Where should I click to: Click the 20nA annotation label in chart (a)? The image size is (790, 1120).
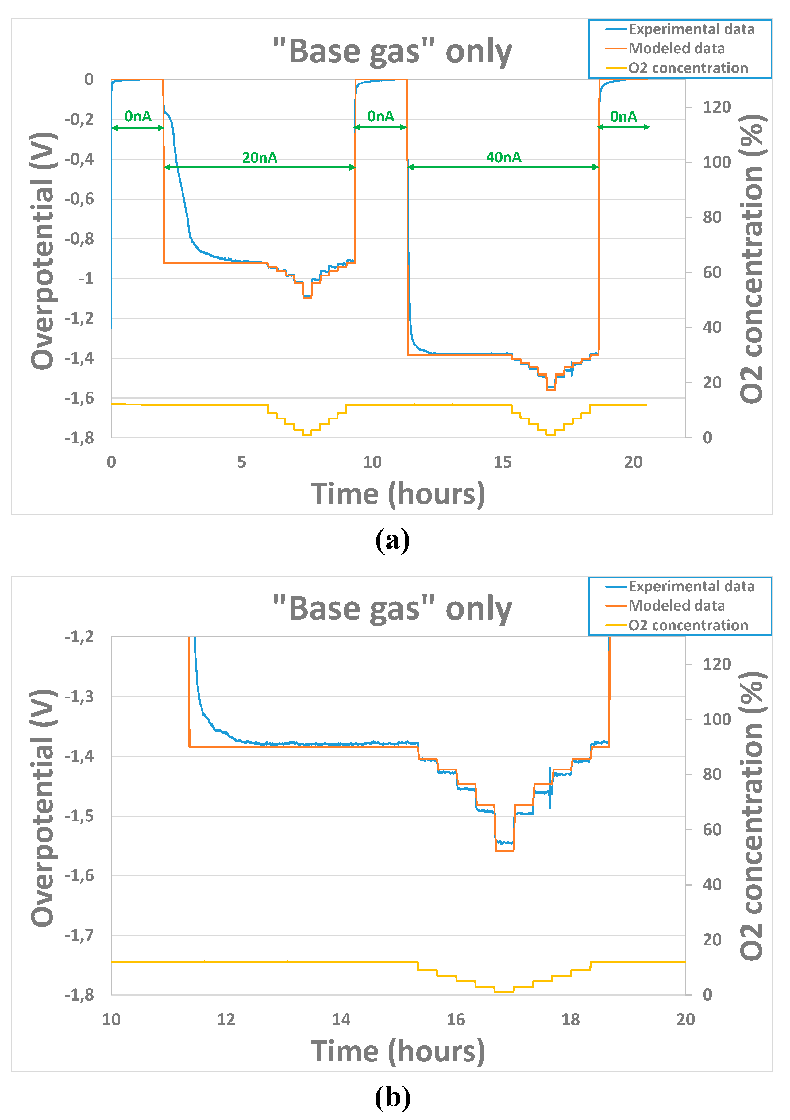pos(260,157)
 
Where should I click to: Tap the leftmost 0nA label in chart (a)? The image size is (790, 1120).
pos(138,116)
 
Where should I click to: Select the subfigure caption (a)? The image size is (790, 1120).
pos(393,540)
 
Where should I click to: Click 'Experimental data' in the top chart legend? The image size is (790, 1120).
pos(691,29)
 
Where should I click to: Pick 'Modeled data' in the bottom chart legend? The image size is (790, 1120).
pos(676,605)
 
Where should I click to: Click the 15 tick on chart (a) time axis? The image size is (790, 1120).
pos(502,462)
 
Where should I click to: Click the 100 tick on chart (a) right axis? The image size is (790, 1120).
pos(716,162)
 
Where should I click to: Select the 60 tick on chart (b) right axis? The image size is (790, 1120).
pos(712,829)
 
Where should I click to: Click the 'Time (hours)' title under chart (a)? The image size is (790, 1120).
pos(398,494)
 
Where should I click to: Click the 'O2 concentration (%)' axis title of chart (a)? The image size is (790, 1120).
pos(752,259)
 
